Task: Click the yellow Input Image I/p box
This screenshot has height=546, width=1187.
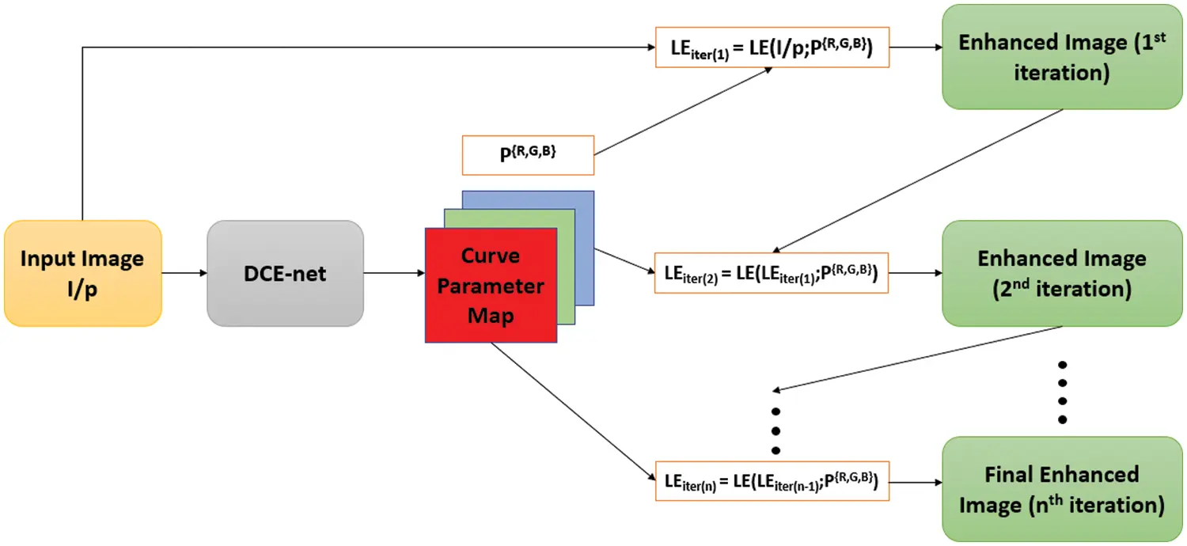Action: (x=82, y=272)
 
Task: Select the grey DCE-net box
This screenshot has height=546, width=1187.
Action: (x=285, y=272)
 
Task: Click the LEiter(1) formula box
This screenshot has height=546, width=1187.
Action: (x=771, y=48)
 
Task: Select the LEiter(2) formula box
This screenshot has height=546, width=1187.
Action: (x=771, y=273)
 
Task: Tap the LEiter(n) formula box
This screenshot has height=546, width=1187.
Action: (x=771, y=480)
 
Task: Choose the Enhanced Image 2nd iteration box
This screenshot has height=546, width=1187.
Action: (x=1060, y=273)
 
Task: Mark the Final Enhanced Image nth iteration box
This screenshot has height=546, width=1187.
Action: (x=1060, y=488)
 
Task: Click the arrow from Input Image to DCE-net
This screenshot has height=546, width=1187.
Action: (x=184, y=273)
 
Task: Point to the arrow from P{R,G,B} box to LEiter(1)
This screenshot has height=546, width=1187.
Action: (x=681, y=111)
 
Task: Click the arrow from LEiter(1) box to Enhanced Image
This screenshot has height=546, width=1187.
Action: (x=914, y=48)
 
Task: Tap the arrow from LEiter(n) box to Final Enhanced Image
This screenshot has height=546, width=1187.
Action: (x=914, y=480)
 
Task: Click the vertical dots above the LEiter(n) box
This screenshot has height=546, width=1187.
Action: (x=776, y=430)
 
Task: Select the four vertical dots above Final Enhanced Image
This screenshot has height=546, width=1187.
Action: (x=1063, y=392)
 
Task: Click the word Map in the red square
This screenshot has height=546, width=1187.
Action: (x=491, y=316)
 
